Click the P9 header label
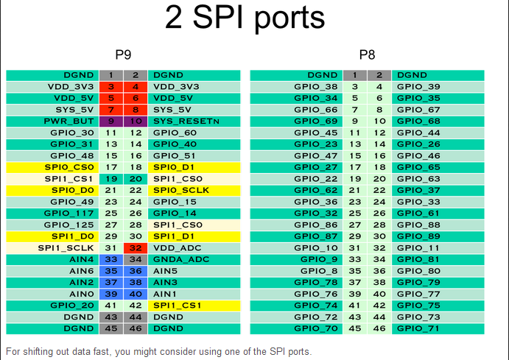click(124, 54)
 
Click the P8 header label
click(367, 54)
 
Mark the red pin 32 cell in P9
click(135, 247)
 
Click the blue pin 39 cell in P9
click(111, 294)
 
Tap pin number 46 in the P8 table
click(379, 328)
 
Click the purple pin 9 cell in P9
click(111, 121)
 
